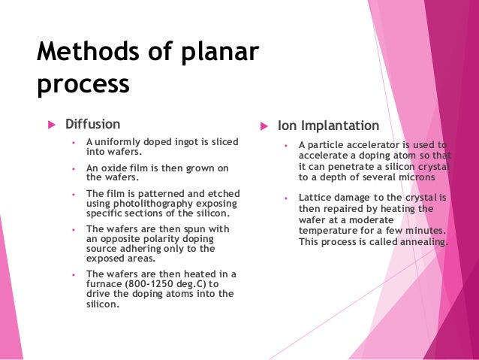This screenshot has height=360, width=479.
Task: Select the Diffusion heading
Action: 92,124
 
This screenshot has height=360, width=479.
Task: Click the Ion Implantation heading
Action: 328,126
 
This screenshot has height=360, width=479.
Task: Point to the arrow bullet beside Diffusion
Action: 51,124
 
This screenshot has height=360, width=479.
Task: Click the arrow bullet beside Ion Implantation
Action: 264,126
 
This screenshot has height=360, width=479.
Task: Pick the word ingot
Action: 176,142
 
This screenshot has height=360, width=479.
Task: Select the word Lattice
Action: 315,198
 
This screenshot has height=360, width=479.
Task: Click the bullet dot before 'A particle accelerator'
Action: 287,146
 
